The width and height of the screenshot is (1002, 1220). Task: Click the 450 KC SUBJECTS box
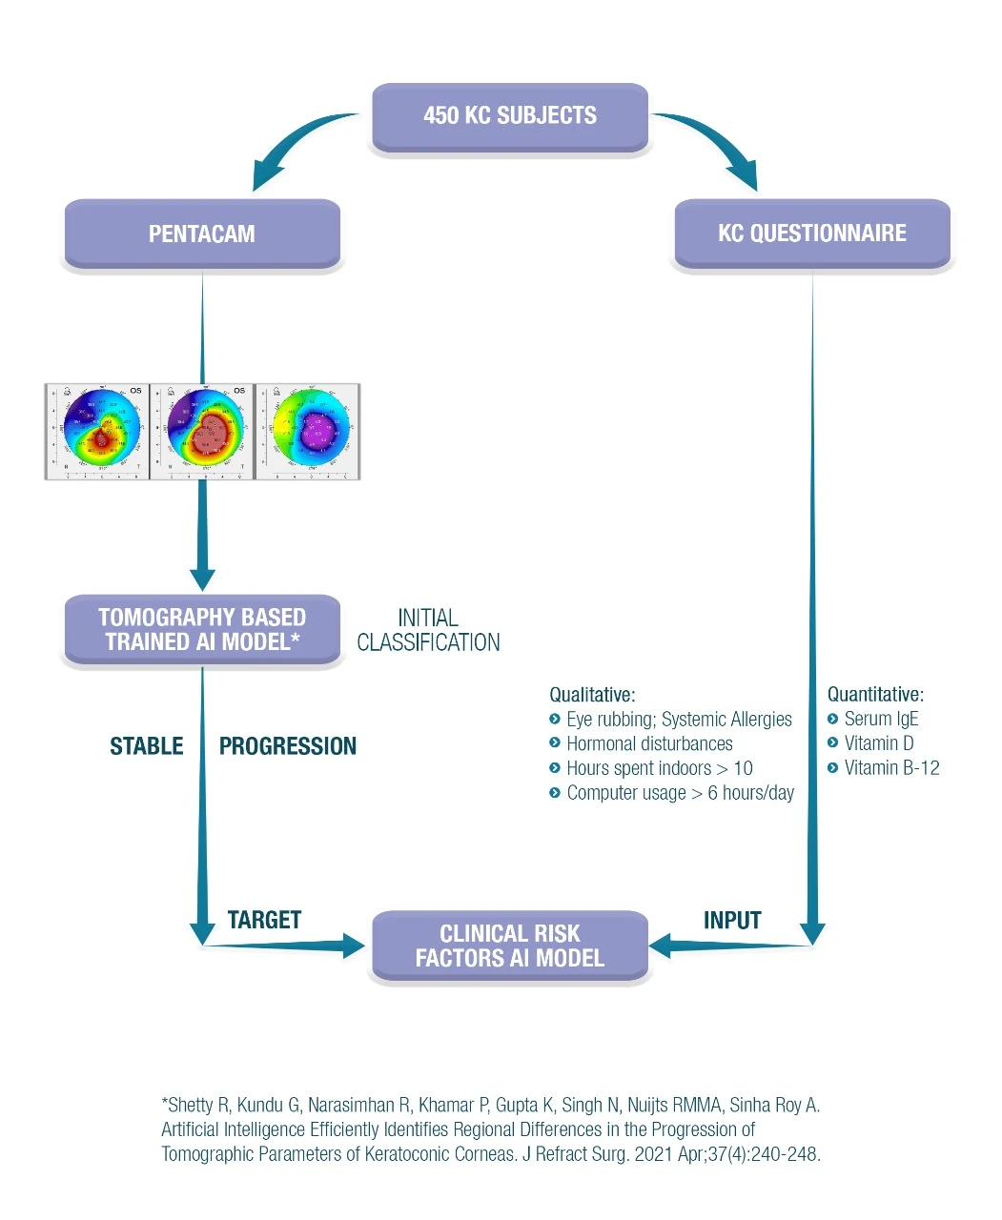click(510, 116)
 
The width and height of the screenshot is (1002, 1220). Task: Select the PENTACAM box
click(202, 234)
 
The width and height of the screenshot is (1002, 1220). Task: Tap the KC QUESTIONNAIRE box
click(812, 234)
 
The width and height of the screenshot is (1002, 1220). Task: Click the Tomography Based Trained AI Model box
click(202, 630)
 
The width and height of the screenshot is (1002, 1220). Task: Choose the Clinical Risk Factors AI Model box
click(510, 945)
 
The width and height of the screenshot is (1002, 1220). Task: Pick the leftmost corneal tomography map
click(97, 432)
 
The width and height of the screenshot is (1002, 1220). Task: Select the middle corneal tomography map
click(202, 432)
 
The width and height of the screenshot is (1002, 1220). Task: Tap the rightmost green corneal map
click(308, 432)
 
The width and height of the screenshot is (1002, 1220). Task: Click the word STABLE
click(147, 746)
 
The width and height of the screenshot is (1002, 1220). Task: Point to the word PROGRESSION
click(288, 746)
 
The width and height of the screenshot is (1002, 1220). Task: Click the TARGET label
click(264, 920)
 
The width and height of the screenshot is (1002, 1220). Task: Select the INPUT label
click(732, 921)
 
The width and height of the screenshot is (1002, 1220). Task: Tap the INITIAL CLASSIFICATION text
click(428, 630)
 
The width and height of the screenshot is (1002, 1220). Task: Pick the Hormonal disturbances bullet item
click(649, 743)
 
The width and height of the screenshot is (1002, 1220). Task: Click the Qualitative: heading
click(592, 695)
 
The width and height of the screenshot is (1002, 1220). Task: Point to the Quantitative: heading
click(875, 695)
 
